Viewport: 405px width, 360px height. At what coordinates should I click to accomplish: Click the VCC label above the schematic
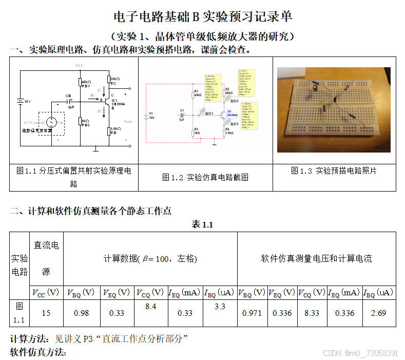click(x=79, y=66)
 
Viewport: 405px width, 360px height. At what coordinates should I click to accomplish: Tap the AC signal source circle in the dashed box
click(x=51, y=122)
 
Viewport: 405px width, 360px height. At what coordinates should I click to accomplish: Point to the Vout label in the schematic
click(x=128, y=121)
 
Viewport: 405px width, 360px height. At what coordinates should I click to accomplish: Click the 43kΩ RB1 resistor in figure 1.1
click(x=80, y=83)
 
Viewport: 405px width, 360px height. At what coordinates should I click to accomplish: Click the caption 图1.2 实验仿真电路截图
click(x=205, y=177)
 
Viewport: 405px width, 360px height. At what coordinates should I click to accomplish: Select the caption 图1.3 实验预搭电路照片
click(x=334, y=170)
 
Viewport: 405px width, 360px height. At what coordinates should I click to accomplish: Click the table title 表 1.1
click(x=202, y=224)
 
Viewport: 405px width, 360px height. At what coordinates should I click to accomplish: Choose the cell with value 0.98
click(x=82, y=313)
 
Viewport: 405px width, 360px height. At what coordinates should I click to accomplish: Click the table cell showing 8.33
click(x=312, y=313)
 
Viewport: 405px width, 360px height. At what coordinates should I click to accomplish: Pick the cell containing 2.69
click(x=378, y=313)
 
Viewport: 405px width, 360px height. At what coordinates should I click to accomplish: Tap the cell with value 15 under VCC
click(x=46, y=313)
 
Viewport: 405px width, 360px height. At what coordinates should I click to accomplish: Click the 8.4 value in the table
click(x=150, y=307)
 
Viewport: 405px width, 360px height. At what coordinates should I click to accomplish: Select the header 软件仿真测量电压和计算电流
click(x=316, y=258)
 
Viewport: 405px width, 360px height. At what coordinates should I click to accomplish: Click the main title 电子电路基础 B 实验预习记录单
click(x=202, y=16)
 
